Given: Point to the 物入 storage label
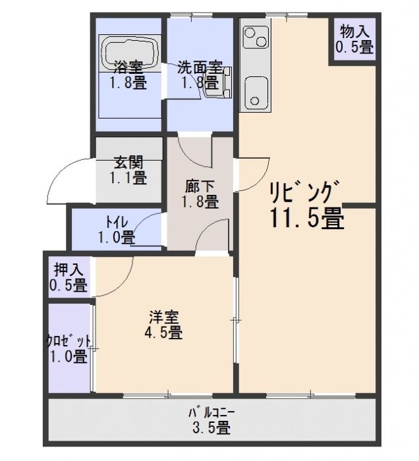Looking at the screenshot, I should coord(354,30).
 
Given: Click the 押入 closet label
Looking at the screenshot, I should coord(69,270).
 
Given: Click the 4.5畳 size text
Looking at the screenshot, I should coord(163,333).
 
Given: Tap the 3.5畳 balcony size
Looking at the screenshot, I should coord(211,428).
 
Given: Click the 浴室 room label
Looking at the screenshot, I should coord(128,67).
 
